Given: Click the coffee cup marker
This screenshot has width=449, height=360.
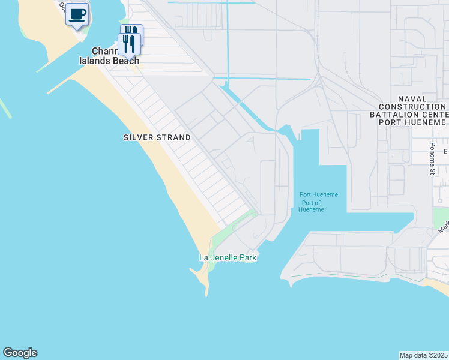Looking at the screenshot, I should coord(77,14).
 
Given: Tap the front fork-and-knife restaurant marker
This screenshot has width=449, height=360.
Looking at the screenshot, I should coord(128,43).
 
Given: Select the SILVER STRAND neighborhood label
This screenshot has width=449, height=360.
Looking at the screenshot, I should coord(157,137).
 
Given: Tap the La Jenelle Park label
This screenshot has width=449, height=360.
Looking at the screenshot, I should coord(228,258).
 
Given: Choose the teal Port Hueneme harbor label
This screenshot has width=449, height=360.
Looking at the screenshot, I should coord(319,194).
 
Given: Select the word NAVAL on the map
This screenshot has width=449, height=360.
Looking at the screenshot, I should coord(412,99).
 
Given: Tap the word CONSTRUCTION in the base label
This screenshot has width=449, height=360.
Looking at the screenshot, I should coord(412,107).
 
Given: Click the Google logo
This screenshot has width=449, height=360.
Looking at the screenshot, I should coord(20,353).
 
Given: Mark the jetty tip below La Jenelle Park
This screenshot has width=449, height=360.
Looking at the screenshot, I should coord(206,295).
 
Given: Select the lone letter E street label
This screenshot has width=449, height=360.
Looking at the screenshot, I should coord(445,151).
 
